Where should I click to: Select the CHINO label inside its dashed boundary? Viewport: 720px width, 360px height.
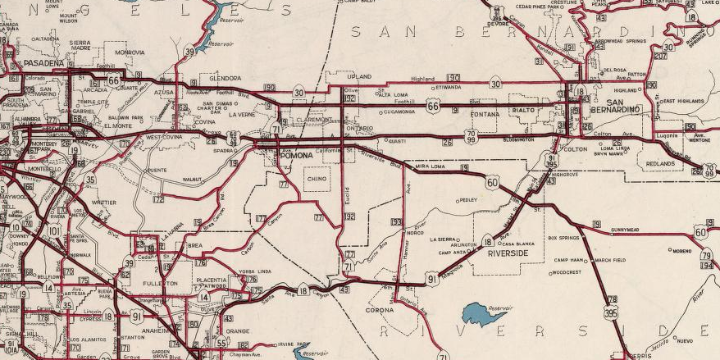tap(317, 178)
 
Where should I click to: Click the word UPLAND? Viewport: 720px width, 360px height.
tap(360, 75)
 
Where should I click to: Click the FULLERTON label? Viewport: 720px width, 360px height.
tap(161, 283)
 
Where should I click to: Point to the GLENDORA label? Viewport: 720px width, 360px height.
tap(225, 78)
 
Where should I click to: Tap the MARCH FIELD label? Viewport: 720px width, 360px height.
tap(610, 260)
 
